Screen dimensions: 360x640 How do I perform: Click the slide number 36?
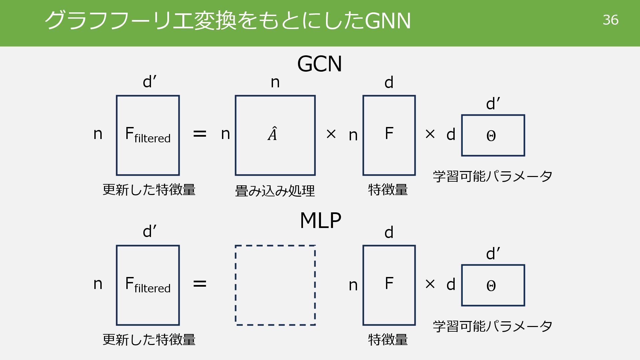610,20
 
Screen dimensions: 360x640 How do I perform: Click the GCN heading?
319,64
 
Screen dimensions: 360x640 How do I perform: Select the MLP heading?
320,220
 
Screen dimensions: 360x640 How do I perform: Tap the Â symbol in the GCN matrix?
272,134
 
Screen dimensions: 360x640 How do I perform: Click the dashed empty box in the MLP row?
275,285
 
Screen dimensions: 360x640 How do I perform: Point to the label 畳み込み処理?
275,191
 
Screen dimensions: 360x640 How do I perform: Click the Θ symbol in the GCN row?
491,136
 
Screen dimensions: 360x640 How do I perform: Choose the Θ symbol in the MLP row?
491,286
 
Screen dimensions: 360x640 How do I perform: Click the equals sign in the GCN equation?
200,134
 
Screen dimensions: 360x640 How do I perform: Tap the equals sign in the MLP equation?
200,284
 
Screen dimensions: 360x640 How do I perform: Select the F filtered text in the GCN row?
148,135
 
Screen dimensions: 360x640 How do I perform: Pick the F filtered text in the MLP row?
148,285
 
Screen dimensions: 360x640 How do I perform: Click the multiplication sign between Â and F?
331,134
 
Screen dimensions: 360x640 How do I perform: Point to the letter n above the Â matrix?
275,82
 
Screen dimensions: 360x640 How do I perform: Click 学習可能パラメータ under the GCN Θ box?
492,176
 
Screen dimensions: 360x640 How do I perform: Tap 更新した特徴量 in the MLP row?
149,339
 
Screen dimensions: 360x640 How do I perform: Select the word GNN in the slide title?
388,21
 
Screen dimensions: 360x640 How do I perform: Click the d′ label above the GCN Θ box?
493,104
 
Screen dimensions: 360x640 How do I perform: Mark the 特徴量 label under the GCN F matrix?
388,190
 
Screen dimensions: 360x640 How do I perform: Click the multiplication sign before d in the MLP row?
430,284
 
